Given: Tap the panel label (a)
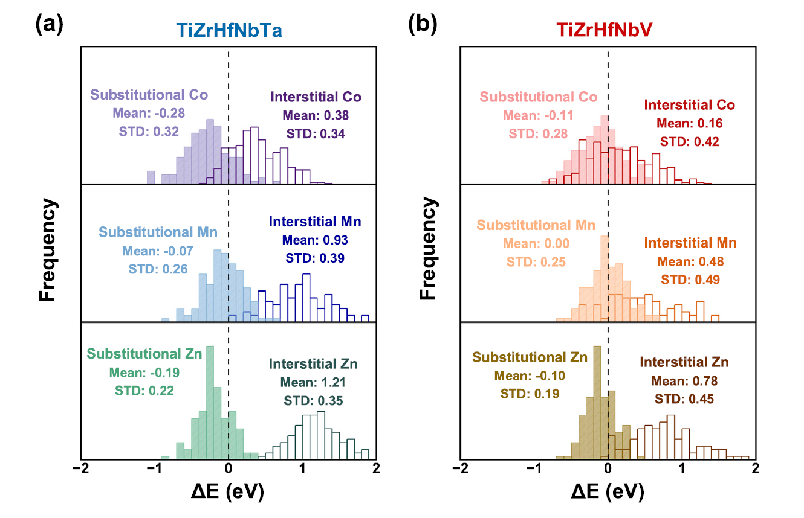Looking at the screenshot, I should pyautogui.click(x=49, y=25).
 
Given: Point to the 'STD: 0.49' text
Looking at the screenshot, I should pyautogui.click(x=690, y=280).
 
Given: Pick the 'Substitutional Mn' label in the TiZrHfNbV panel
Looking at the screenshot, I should pyautogui.click(x=536, y=225).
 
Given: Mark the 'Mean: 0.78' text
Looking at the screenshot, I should pyautogui.click(x=684, y=382).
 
